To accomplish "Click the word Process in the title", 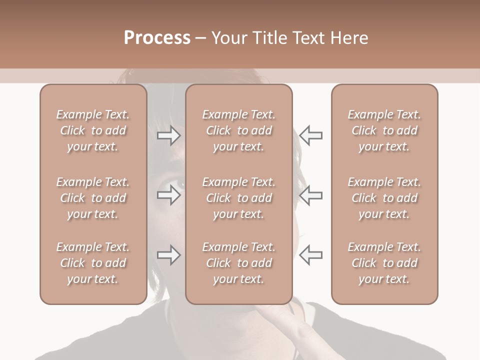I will click(157, 37).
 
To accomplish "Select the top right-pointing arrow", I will click(169, 135).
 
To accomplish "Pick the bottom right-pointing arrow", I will click(169, 255).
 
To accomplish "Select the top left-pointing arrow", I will click(310, 135).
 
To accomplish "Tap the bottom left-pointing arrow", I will click(310, 255).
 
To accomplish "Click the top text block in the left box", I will click(93, 130).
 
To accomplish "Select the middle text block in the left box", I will click(93, 198).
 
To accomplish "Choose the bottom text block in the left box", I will click(93, 263).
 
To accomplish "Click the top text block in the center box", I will click(238, 130).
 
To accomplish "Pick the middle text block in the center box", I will click(238, 198).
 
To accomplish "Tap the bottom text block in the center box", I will click(238, 263).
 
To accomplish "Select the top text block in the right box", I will click(384, 130).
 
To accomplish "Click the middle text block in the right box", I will click(384, 198).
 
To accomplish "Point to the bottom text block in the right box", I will click(384, 263).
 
